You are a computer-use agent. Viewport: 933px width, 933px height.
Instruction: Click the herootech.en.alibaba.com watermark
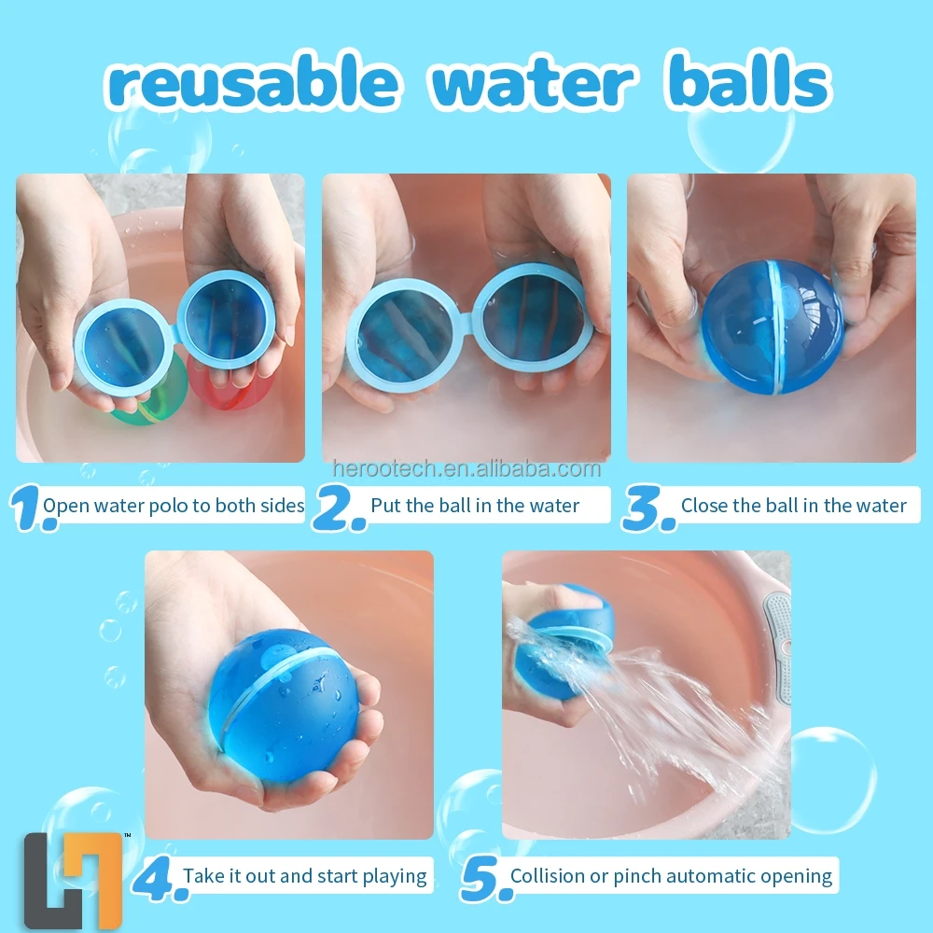click(466, 469)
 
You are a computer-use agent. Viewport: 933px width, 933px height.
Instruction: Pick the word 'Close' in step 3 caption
click(704, 506)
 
